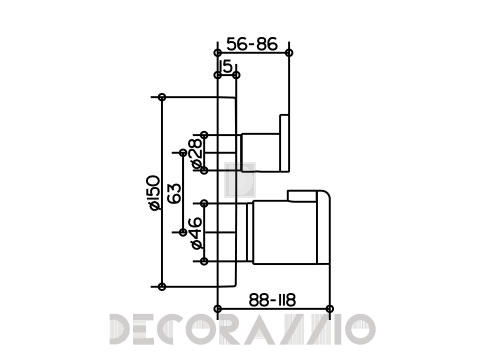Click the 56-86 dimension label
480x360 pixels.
(x=252, y=44)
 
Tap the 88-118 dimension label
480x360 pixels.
(x=272, y=300)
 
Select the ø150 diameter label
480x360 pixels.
(x=154, y=193)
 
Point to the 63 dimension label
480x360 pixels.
(x=175, y=193)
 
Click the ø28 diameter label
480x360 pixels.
(x=196, y=153)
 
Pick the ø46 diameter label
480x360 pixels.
(x=197, y=233)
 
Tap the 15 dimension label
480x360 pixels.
(x=226, y=67)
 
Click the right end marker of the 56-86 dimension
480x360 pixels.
(x=289, y=53)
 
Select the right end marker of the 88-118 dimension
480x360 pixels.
(x=330, y=309)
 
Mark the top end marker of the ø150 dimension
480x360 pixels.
(x=162, y=97)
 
